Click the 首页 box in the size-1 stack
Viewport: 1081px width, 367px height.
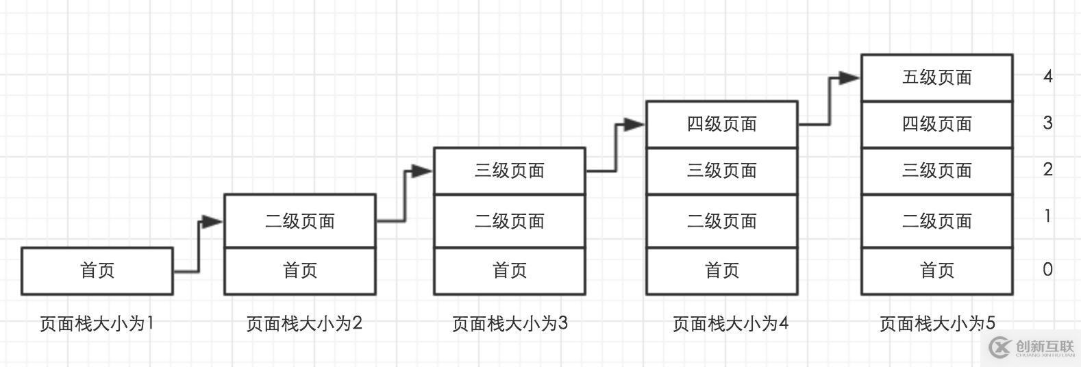97,271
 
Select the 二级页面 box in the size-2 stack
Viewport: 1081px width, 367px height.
300,221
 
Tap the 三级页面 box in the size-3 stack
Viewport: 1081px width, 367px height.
510,170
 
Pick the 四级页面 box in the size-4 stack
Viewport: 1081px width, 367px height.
722,124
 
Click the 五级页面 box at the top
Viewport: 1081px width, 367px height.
936,77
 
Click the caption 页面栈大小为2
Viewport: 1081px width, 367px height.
304,323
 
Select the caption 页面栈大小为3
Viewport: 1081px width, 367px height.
510,323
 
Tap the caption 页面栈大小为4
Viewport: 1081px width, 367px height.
730,323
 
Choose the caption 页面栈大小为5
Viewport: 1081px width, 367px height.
937,323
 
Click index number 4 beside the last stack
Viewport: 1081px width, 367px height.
1047,76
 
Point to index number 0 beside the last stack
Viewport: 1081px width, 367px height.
1047,270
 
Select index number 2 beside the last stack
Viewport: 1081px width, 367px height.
1047,169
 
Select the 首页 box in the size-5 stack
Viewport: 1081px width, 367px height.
936,271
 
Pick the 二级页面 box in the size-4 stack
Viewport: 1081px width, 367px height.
722,221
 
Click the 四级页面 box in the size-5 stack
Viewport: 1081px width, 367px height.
936,124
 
